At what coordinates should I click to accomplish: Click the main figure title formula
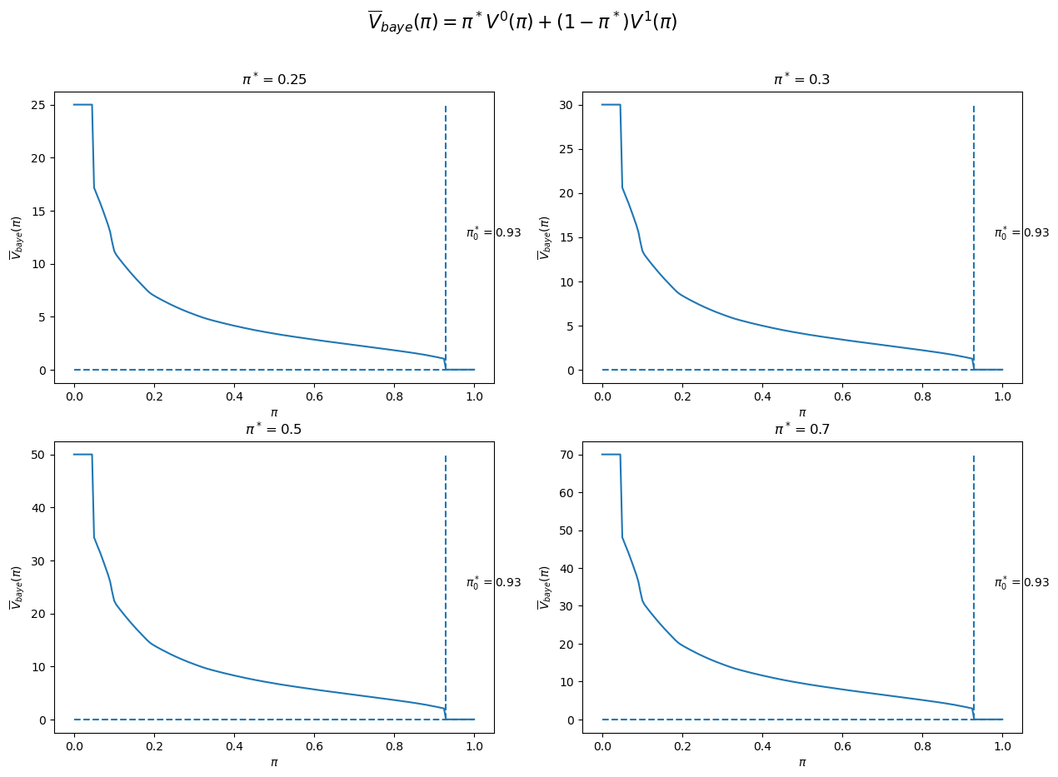click(x=522, y=22)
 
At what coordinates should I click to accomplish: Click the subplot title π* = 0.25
click(x=273, y=80)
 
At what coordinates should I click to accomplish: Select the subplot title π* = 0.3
click(x=801, y=80)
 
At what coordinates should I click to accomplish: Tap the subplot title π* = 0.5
click(x=273, y=430)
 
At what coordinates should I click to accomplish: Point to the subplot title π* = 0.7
click(x=801, y=430)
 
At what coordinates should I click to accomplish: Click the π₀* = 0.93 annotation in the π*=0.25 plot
click(x=493, y=232)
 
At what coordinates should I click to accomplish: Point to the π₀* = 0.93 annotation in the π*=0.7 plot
click(x=1021, y=582)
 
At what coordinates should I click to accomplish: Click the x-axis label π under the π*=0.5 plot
click(x=273, y=762)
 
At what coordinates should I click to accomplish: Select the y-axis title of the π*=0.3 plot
click(x=544, y=237)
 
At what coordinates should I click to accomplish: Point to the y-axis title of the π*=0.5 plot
click(x=16, y=587)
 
